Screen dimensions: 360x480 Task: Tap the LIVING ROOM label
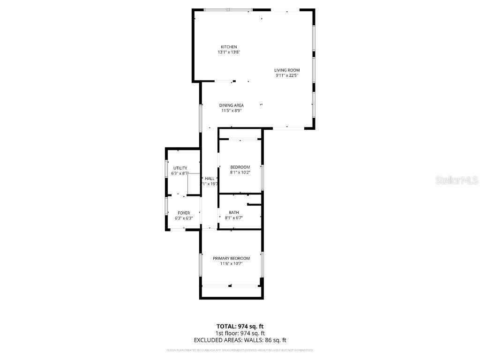287,70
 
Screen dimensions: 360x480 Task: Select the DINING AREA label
231,105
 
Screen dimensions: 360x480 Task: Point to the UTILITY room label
180,168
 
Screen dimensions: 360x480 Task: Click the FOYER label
183,213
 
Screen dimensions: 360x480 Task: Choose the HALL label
210,179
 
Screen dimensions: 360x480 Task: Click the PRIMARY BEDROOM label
231,258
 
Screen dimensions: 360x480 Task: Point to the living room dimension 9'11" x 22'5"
287,75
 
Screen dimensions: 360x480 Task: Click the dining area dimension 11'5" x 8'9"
231,111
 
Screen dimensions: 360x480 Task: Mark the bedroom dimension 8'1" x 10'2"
240,172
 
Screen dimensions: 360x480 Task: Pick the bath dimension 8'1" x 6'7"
233,218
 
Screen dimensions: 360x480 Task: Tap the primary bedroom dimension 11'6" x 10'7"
231,263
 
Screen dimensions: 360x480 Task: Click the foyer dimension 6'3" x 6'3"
183,218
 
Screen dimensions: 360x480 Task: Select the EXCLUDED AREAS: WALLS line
240,340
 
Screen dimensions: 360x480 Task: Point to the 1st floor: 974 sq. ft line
240,333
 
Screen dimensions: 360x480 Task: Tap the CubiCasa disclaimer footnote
240,350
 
